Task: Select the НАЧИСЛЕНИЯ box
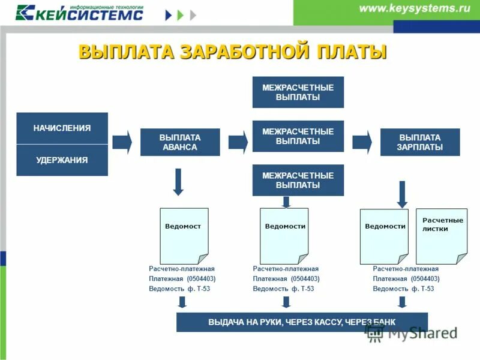pos(62,128)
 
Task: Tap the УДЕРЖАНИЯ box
pos(62,160)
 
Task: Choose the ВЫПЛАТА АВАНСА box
pos(179,142)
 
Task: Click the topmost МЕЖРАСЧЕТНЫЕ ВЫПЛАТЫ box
pos(298,92)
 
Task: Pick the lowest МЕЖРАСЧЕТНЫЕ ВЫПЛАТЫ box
pos(298,180)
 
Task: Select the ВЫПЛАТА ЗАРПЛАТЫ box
pos(419,142)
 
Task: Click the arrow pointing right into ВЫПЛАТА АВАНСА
pos(122,142)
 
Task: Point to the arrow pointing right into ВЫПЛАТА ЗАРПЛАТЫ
pos(362,142)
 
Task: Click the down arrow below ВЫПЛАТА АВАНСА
pos(178,182)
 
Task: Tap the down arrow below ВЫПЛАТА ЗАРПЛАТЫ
pos(402,194)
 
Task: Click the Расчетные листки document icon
pos(441,236)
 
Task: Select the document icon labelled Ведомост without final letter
pos(184,236)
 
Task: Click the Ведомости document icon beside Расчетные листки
pos(383,236)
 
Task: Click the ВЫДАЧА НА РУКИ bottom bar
pos(302,322)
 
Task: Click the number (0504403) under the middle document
pos(305,279)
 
